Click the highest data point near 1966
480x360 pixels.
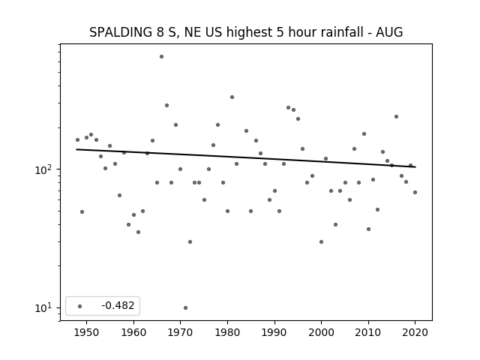[x=162, y=57]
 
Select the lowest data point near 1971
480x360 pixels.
[x=185, y=308]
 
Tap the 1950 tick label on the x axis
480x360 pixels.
[x=86, y=332]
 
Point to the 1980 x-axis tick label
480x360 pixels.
[x=227, y=332]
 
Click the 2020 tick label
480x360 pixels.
[x=415, y=332]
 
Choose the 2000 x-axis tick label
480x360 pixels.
[x=322, y=332]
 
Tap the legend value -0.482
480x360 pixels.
[x=118, y=305]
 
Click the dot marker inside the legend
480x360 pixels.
[x=80, y=306]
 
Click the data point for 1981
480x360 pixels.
[x=232, y=97]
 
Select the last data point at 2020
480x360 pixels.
[x=415, y=192]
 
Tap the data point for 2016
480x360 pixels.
[x=397, y=117]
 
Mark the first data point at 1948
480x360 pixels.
[x=77, y=140]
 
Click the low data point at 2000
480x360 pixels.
[x=322, y=241]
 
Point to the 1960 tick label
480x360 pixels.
[x=133, y=332]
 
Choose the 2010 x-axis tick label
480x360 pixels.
[x=368, y=332]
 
